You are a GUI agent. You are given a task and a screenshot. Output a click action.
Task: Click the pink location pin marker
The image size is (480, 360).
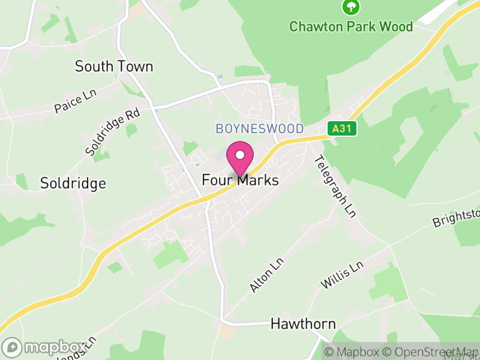240,159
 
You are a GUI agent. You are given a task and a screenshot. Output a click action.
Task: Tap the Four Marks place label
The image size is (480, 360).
240,179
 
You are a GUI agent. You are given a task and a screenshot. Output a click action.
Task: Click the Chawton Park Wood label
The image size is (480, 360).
351,27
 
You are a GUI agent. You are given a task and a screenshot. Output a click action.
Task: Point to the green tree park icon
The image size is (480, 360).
350,7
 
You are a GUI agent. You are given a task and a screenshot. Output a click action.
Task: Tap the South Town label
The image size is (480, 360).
114,67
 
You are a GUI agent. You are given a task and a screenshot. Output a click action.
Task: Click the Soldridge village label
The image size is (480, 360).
73,183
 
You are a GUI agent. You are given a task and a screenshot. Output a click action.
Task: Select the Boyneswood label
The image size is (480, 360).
260,129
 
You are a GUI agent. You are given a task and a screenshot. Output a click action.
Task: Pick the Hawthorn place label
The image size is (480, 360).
303,323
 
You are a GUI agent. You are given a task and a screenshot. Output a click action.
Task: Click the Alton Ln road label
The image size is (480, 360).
266,275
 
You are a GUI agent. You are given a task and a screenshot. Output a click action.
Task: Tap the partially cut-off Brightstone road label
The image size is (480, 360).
457,218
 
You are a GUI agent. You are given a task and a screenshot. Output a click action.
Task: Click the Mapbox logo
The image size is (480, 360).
45,347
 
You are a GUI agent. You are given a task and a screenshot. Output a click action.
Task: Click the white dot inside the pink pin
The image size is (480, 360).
240,155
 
